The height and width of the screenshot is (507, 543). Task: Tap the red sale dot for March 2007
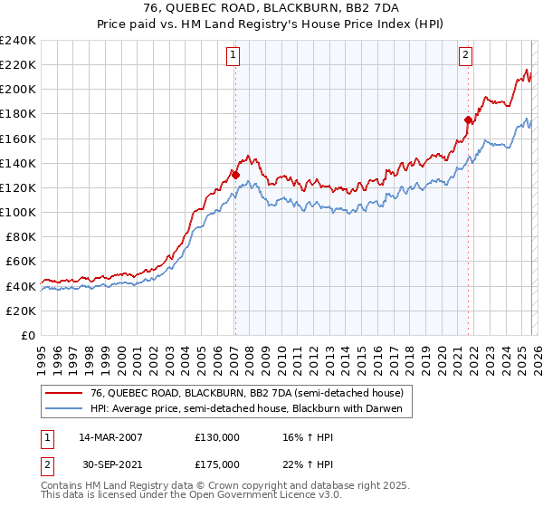(x=235, y=175)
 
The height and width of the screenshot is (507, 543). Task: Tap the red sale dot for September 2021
(x=468, y=120)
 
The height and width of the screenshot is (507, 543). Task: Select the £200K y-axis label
(x=18, y=90)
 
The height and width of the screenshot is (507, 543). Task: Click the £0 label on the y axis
(x=27, y=335)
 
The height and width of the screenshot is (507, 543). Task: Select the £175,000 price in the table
(x=216, y=464)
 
